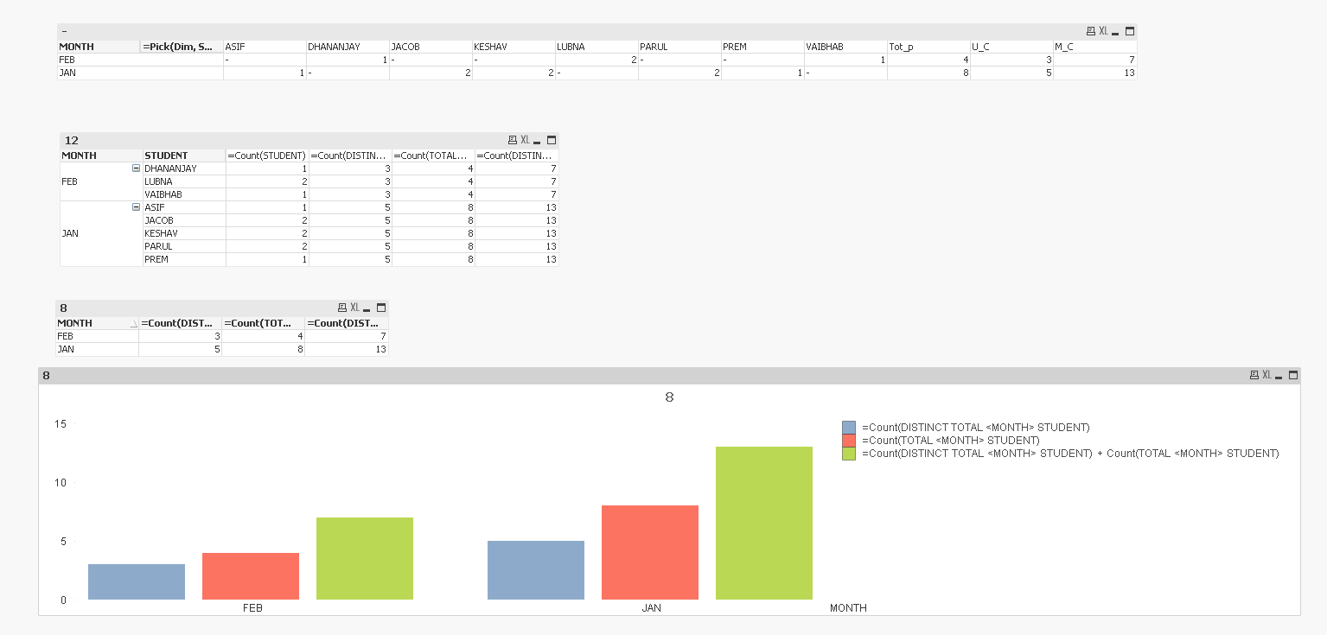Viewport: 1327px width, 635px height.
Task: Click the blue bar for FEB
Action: click(x=137, y=581)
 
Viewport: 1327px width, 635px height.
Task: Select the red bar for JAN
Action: click(x=650, y=552)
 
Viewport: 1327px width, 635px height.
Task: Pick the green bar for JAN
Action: click(x=764, y=523)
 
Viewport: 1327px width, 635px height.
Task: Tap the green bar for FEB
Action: click(x=365, y=558)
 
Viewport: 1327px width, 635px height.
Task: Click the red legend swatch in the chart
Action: click(x=849, y=441)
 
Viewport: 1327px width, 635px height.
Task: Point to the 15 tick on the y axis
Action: click(x=61, y=424)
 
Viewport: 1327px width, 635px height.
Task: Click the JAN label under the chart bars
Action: click(x=651, y=608)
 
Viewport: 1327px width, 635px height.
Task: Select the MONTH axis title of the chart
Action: click(x=848, y=608)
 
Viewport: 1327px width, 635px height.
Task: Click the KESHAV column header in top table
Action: click(x=489, y=47)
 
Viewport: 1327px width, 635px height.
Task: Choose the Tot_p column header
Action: click(x=901, y=47)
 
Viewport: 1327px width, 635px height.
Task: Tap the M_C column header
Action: click(x=1063, y=47)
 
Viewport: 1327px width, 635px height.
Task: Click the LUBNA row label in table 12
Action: click(x=158, y=181)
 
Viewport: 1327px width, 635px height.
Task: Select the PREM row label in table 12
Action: click(x=156, y=259)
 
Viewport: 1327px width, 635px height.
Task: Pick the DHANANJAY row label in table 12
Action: click(x=170, y=168)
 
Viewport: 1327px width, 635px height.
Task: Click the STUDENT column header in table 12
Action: click(x=166, y=156)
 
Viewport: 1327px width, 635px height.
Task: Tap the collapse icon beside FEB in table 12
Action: click(x=136, y=168)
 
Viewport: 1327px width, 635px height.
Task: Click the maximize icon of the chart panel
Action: click(x=1293, y=375)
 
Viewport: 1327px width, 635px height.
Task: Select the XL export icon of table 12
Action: click(x=524, y=140)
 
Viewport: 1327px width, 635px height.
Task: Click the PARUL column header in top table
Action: click(x=654, y=47)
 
